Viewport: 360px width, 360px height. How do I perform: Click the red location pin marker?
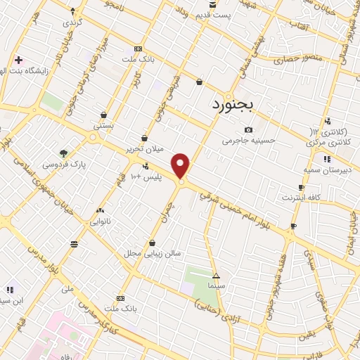click(181, 166)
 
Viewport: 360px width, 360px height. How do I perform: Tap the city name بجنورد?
click(236, 105)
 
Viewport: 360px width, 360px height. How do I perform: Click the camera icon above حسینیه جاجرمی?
click(248, 129)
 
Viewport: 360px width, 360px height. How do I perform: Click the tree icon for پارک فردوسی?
click(64, 153)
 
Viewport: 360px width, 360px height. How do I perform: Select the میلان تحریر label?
click(144, 149)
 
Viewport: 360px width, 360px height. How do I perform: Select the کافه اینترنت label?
click(300, 198)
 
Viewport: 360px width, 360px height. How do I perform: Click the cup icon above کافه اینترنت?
click(301, 187)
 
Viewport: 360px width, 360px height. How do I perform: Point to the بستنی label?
click(104, 124)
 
